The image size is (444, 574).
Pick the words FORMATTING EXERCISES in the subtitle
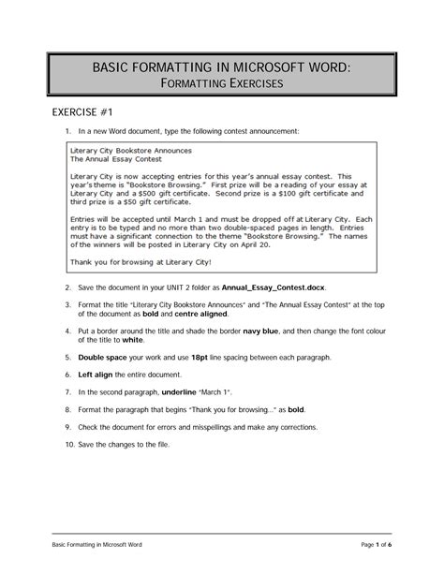(x=222, y=84)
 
